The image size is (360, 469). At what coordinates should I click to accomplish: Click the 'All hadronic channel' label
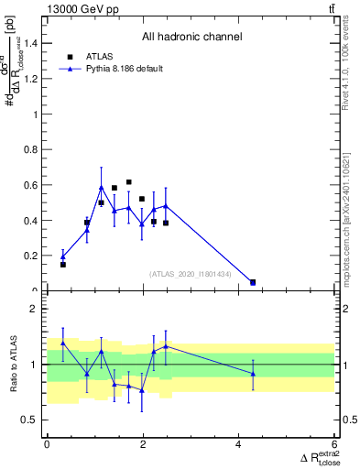click(191, 38)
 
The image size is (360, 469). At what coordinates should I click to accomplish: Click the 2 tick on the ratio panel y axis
click(36, 310)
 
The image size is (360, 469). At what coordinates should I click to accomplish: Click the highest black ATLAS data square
click(129, 182)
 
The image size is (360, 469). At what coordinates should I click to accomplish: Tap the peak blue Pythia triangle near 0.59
click(102, 188)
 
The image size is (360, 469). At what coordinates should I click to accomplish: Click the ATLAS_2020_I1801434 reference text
click(189, 273)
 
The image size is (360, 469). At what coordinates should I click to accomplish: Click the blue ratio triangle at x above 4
click(253, 374)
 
